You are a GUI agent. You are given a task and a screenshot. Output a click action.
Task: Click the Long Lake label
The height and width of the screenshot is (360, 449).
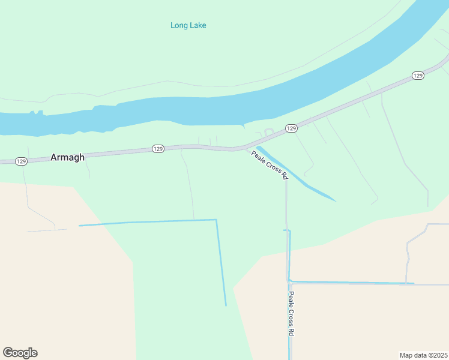(188, 25)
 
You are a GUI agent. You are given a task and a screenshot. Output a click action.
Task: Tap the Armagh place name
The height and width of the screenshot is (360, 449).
(67, 157)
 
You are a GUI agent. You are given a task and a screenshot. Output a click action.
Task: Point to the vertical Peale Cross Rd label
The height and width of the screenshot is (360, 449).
(291, 314)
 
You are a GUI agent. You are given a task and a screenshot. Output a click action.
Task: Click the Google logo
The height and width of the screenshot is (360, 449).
(20, 353)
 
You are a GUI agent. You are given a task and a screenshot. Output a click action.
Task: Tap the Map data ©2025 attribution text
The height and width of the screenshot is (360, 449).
(423, 355)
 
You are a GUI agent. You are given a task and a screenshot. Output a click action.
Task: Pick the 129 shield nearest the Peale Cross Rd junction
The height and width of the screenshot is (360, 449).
(291, 128)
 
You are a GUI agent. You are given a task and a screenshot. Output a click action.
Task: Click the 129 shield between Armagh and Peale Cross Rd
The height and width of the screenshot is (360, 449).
(158, 148)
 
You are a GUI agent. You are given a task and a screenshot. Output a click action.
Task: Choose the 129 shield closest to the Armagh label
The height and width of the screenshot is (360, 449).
(21, 161)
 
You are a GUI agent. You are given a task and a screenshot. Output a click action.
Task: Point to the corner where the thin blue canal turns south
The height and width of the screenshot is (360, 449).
(216, 220)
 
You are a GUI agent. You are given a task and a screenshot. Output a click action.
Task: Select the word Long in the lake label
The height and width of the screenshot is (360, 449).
(178, 25)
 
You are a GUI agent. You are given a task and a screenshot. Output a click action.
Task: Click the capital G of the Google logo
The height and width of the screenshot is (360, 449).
(8, 353)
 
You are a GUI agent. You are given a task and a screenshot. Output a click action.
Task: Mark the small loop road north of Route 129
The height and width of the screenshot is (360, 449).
(269, 131)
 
